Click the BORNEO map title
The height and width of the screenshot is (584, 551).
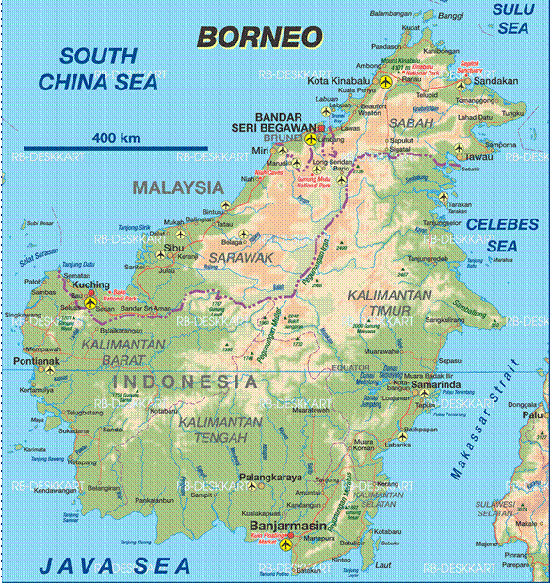pos(259,37)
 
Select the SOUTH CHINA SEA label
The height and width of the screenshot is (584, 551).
pos(99,69)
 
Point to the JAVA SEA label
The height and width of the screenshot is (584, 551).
pos(114,565)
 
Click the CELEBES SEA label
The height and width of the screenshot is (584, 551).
pos(502,235)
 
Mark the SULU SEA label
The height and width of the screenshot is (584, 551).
pos(513,19)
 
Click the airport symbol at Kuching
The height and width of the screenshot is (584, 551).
pos(90,302)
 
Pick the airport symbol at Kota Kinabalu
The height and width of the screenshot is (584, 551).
pos(386,82)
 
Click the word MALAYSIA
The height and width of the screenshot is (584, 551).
pos(178,187)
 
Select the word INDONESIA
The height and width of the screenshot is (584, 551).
pos(185,381)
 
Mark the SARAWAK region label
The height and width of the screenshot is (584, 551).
pos(240,256)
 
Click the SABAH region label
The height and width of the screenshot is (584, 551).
pos(410,122)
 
